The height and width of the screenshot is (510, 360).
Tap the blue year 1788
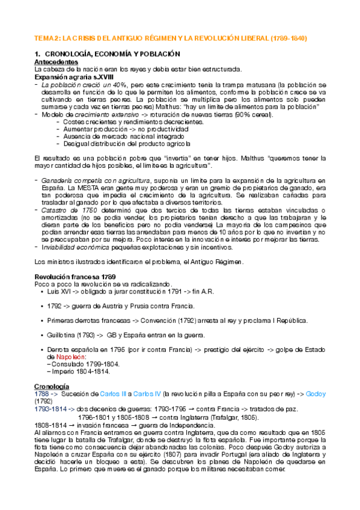[43, 393]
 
